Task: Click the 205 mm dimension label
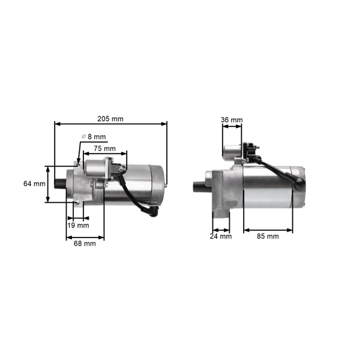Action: [x=112, y=119]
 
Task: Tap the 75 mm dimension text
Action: [x=106, y=148]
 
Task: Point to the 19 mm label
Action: [x=78, y=226]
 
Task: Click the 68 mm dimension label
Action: [x=85, y=244]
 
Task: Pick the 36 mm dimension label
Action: [x=232, y=120]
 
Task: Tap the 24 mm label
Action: [x=221, y=236]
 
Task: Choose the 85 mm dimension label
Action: [x=268, y=236]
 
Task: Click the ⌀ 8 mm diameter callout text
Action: [x=94, y=137]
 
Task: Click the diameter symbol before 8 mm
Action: [x=83, y=137]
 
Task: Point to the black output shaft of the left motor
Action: [x=60, y=184]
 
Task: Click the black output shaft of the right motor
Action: [x=199, y=186]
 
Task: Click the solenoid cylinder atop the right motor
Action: [x=232, y=152]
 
